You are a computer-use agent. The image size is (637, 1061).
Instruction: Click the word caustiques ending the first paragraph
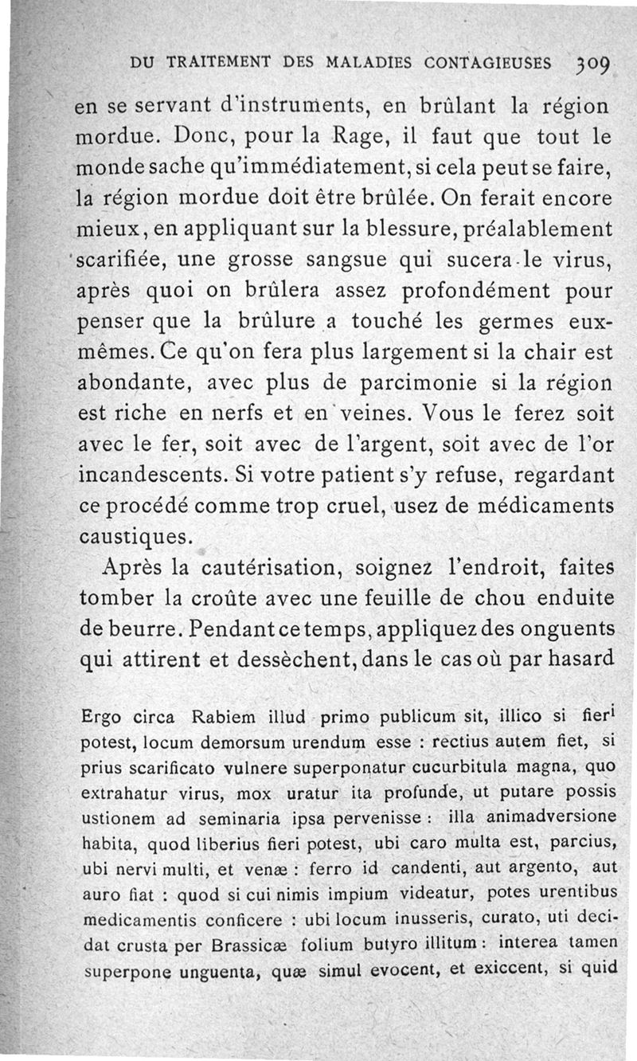136,538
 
